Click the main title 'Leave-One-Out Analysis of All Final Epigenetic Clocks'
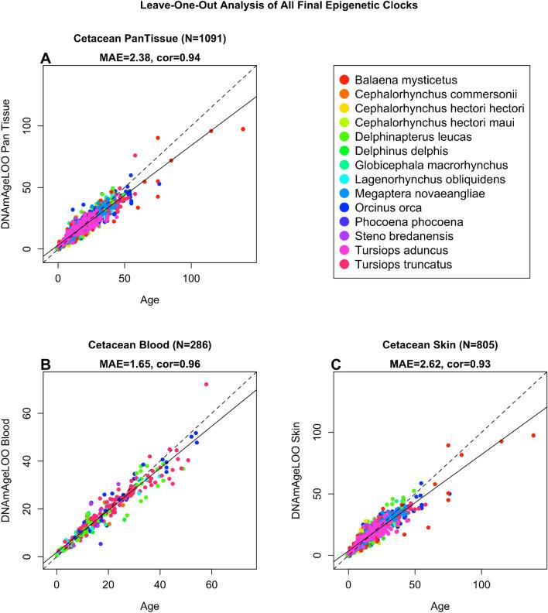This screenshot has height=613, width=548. [273, 8]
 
